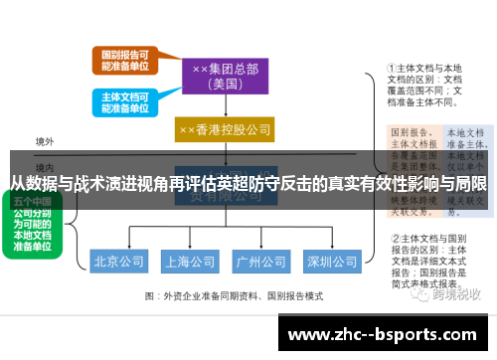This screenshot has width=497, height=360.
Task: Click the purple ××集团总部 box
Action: click(x=224, y=75)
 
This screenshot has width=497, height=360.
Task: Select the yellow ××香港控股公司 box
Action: click(x=224, y=130)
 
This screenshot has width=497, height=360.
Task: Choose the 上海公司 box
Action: click(x=190, y=263)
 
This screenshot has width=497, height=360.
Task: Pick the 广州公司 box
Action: click(x=259, y=263)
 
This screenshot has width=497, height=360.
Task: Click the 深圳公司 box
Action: click(x=331, y=263)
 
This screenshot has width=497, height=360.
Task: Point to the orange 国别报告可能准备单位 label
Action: click(x=126, y=59)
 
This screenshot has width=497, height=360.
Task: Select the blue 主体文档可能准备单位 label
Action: click(x=126, y=101)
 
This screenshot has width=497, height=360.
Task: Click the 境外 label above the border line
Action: click(x=45, y=141)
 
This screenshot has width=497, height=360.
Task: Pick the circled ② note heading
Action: click(x=393, y=239)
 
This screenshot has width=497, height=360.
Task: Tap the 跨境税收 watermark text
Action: click(x=452, y=294)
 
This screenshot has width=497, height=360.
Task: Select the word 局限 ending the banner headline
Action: click(x=473, y=184)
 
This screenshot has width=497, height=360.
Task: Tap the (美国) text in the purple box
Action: click(x=224, y=85)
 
